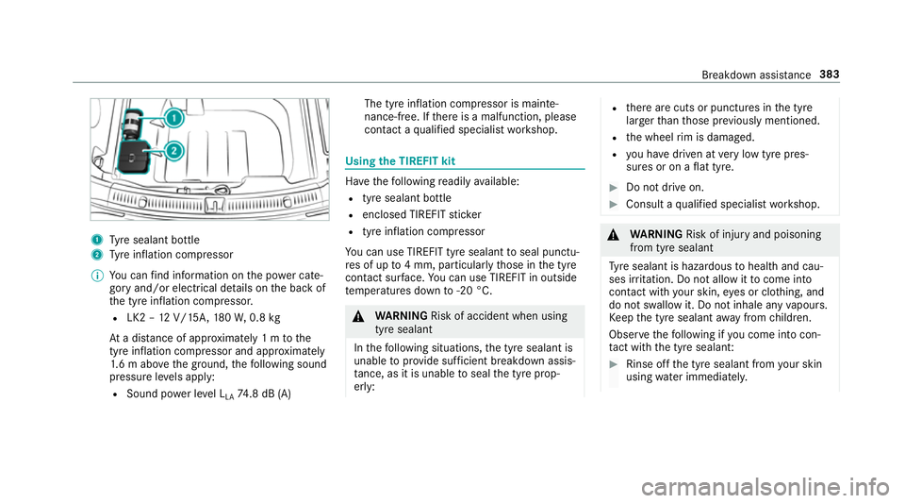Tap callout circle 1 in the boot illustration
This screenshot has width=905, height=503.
174,119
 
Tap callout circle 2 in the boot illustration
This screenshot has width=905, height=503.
174,149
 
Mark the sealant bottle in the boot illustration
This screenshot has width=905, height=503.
133,121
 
